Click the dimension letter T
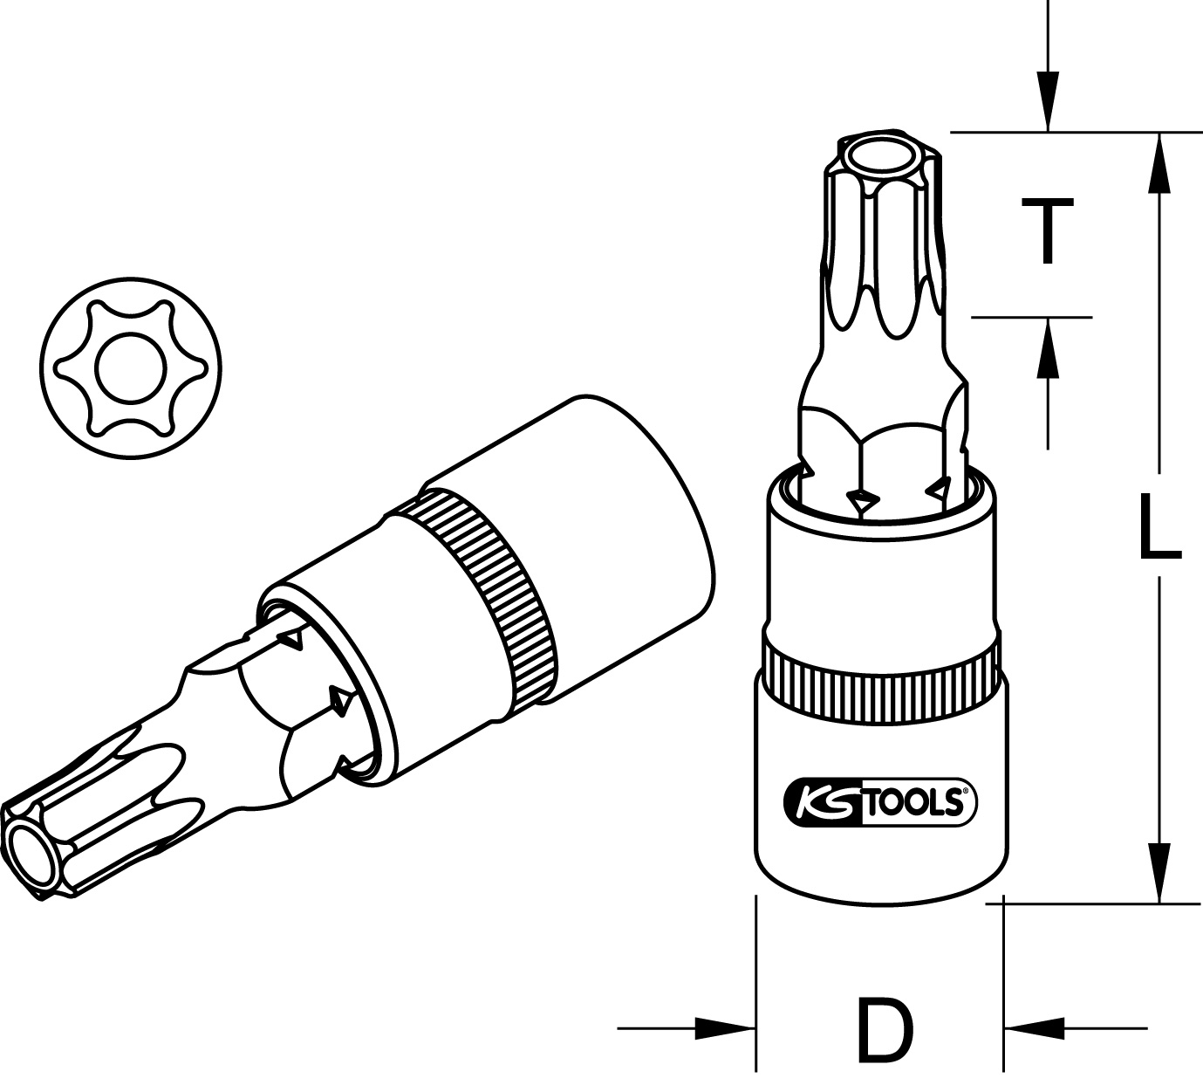(1048, 231)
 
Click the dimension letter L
(1160, 526)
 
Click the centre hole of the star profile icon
(131, 367)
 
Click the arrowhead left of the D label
(725, 1028)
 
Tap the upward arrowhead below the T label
(1048, 347)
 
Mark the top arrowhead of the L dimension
(1159, 162)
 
